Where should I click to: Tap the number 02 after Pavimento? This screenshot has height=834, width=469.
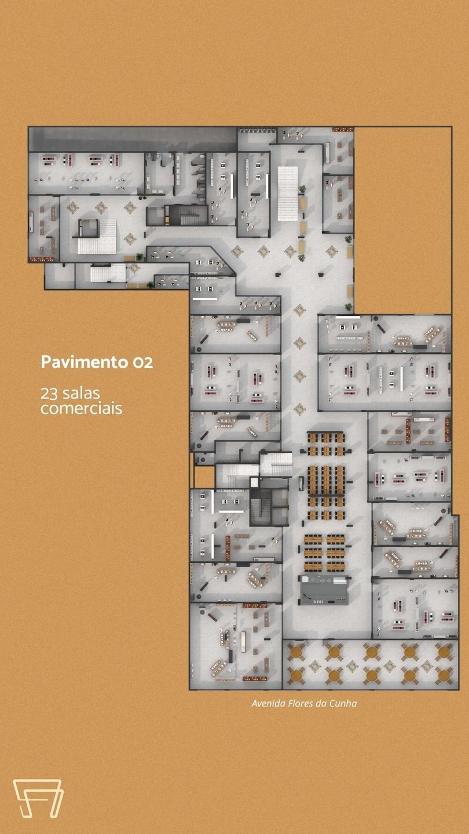[142, 363]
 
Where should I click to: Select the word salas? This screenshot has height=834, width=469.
[81, 393]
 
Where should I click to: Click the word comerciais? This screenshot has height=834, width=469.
[82, 408]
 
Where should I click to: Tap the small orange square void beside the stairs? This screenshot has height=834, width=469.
[204, 477]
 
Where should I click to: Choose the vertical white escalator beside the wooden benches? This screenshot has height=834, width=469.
[287, 193]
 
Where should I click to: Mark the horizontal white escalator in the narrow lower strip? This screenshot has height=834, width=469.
[108, 273]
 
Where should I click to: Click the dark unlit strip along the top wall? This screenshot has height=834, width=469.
[133, 139]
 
